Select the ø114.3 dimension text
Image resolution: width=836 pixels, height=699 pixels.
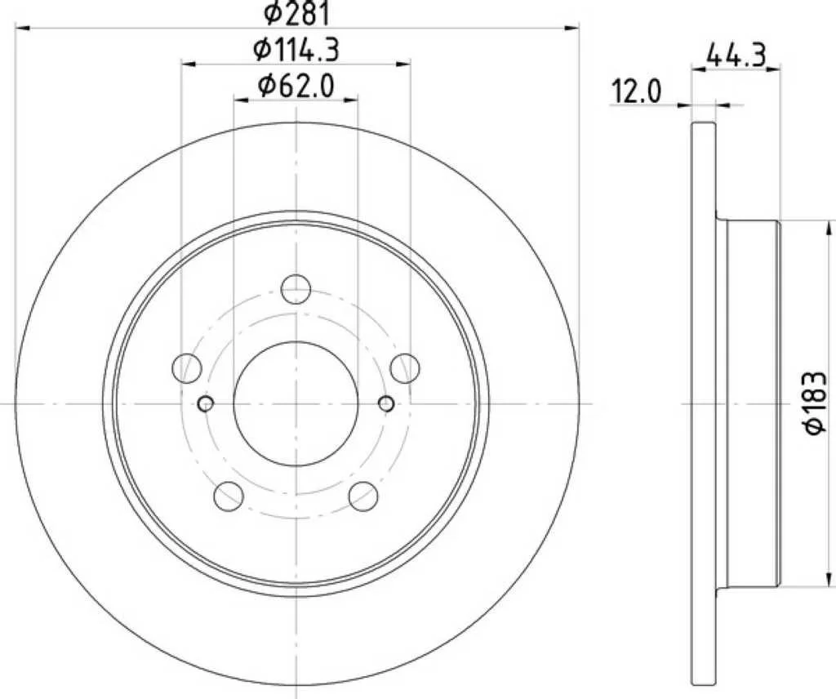pyautogui.click(x=296, y=50)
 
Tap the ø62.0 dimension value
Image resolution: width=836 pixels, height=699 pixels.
pyautogui.click(x=296, y=86)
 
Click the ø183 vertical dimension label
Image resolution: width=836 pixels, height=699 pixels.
pyautogui.click(x=817, y=404)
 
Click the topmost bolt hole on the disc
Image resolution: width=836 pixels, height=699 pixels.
pyautogui.click(x=296, y=289)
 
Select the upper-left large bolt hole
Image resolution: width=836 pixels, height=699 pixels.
pyautogui.click(x=188, y=367)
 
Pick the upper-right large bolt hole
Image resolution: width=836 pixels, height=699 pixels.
pyautogui.click(x=404, y=367)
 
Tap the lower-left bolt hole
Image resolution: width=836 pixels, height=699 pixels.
pyautogui.click(x=229, y=495)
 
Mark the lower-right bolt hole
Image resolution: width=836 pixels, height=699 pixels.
pyautogui.click(x=363, y=495)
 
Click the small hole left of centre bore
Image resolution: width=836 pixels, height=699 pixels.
pyautogui.click(x=206, y=403)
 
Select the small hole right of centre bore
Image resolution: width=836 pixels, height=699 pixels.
pyautogui.click(x=386, y=403)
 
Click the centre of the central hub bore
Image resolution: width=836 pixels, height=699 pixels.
pyautogui.click(x=296, y=403)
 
